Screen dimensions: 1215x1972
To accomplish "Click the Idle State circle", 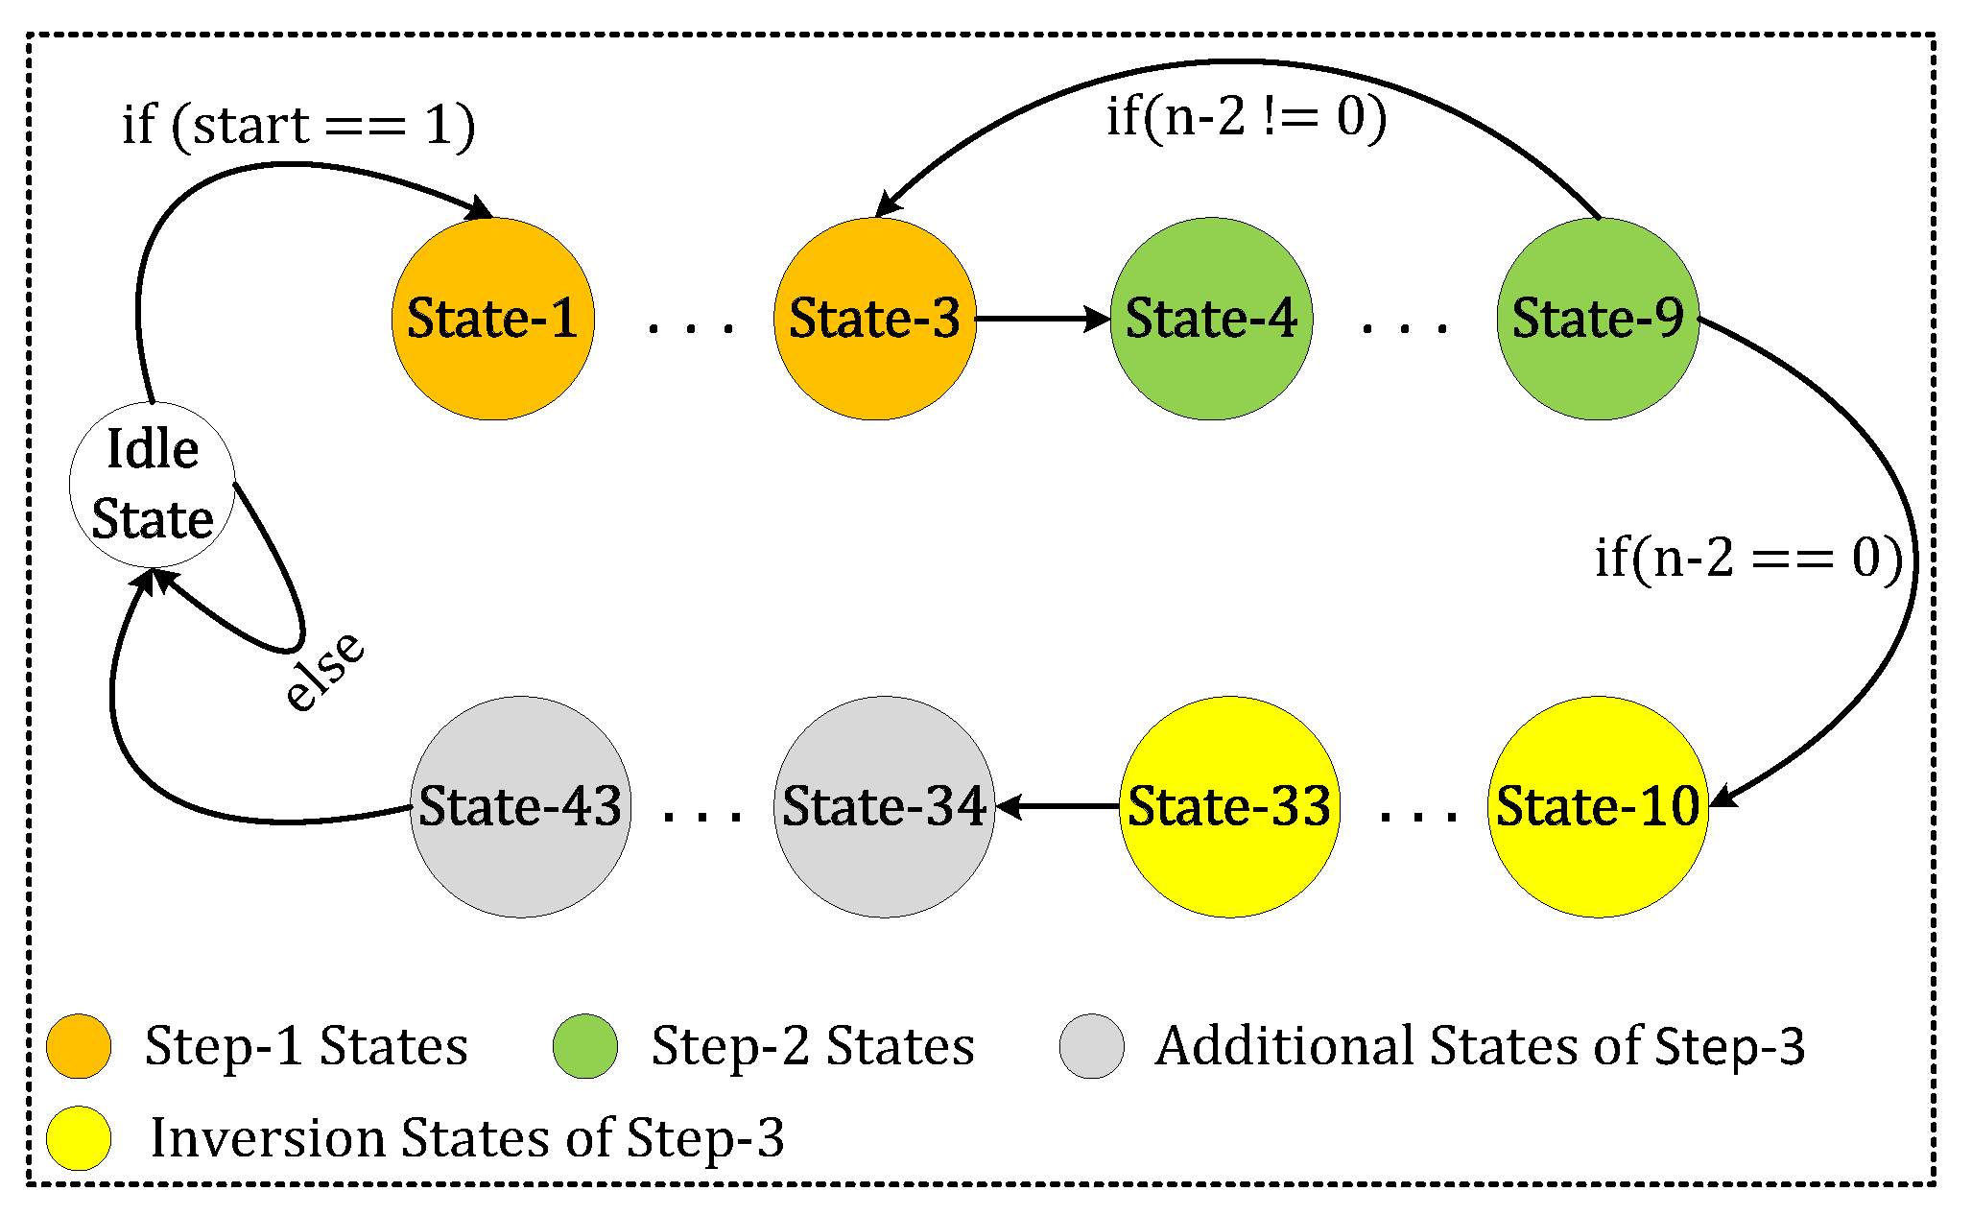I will pos(152,485).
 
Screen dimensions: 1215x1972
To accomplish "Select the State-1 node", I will pos(492,319).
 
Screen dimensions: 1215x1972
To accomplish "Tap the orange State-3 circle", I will pos(874,319).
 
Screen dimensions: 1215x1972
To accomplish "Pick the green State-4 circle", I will pos(1211,319).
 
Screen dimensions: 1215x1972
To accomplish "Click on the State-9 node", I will pos(1598,319).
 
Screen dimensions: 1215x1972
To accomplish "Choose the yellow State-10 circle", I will pos(1598,806).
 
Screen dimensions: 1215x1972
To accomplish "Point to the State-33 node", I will pos(1229,806).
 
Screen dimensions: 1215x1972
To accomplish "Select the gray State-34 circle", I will pos(884,806).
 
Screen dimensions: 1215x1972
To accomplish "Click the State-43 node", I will pos(520,806).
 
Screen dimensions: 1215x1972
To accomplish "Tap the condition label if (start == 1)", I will pos(298,126).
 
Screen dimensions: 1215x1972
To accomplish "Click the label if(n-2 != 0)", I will pos(1247,117).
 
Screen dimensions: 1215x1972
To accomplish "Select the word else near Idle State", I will pos(324,672).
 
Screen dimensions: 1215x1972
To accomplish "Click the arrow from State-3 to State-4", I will pos(1042,319).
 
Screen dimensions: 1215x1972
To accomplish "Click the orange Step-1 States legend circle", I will pos(79,1046).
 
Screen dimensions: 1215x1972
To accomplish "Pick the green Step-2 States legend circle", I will pos(585,1046).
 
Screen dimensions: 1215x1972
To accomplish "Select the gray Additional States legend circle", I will pos(1091,1046).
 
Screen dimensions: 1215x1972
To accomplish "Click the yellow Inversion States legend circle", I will pos(79,1138).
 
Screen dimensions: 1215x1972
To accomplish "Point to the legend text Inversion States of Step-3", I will pos(467,1138).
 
